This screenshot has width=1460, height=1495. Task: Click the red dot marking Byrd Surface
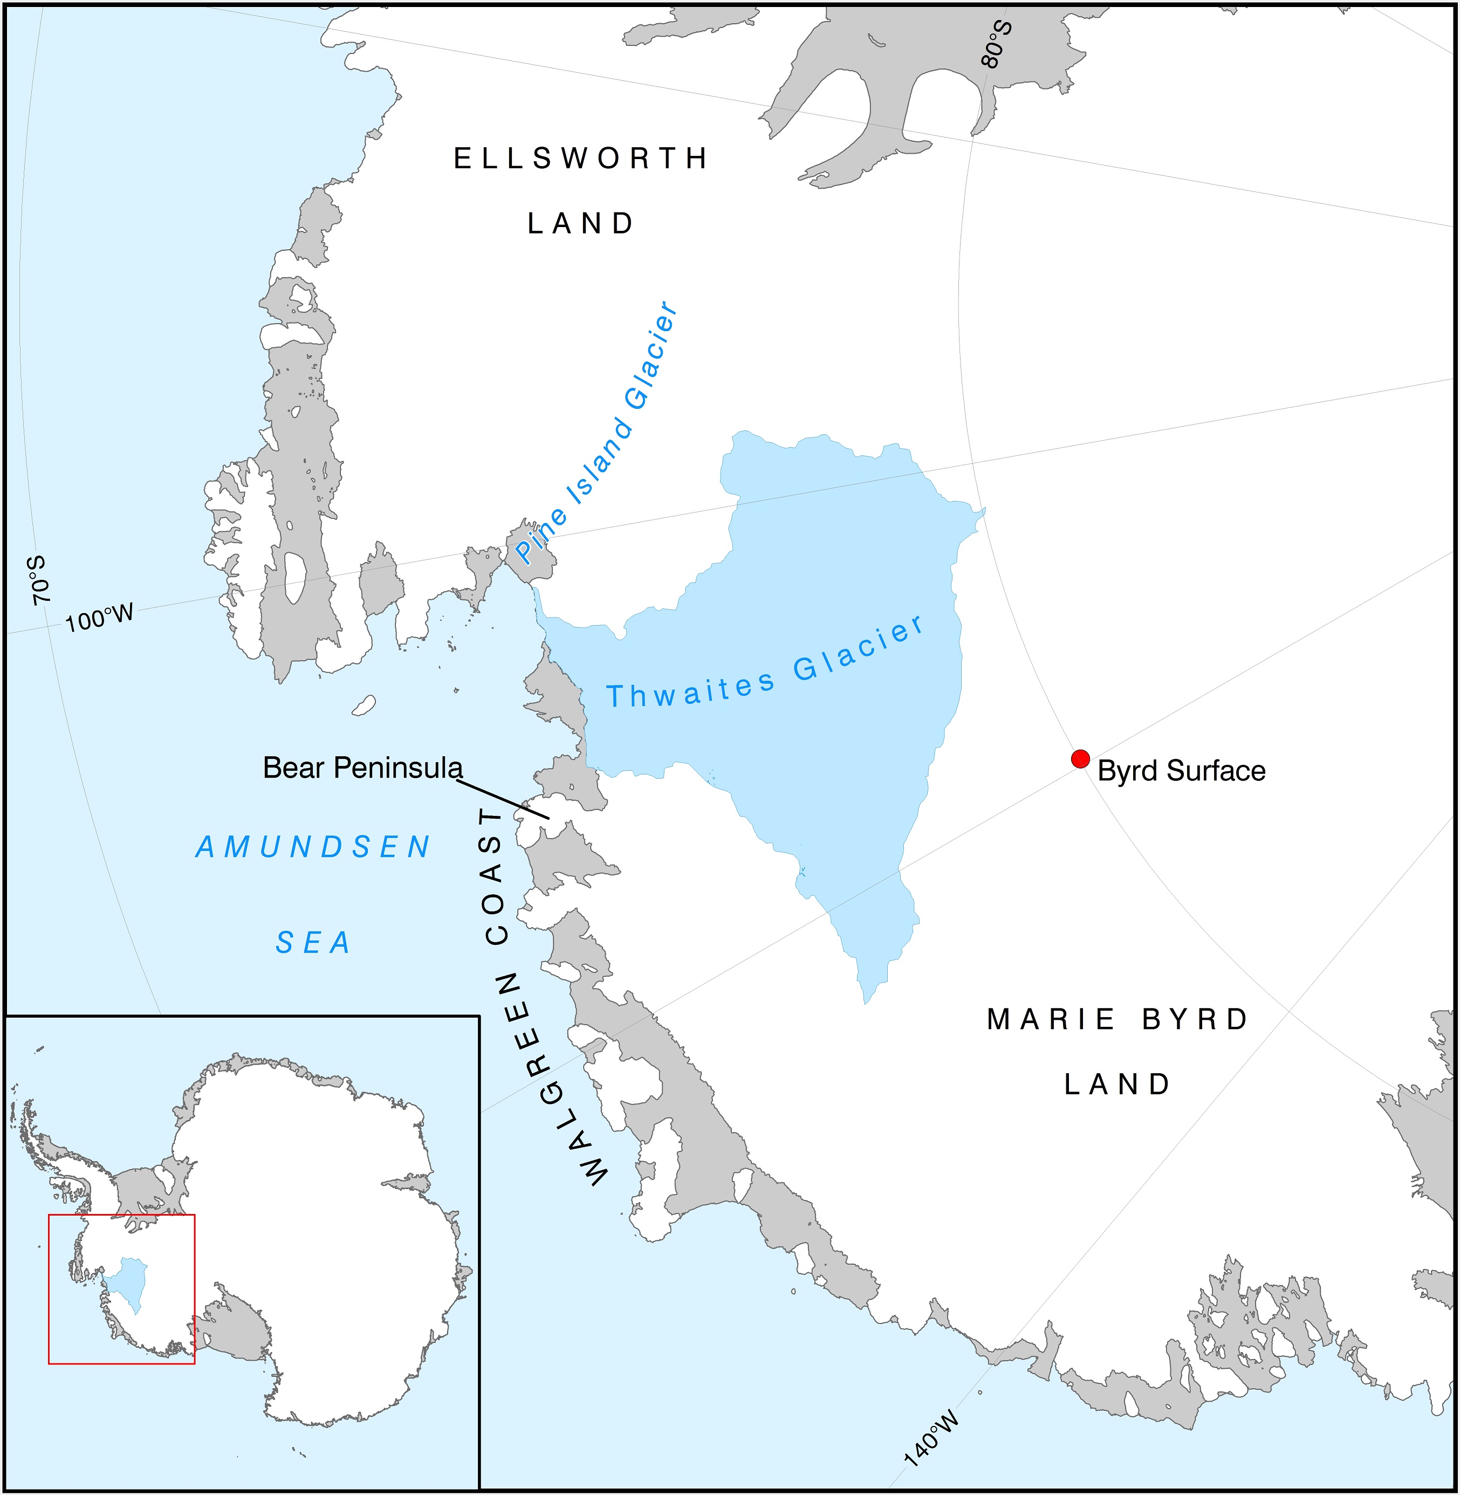[1080, 759]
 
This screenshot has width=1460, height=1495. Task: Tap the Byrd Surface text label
[1181, 771]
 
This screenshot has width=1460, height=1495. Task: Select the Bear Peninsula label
[362, 767]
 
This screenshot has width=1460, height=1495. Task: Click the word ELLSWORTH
[580, 159]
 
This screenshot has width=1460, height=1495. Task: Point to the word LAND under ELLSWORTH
[580, 224]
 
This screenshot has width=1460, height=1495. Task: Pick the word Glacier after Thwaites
[859, 648]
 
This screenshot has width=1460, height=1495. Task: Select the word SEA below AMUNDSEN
[313, 942]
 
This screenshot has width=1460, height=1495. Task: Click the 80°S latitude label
[997, 44]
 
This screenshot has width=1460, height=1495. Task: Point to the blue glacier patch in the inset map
[127, 1280]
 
